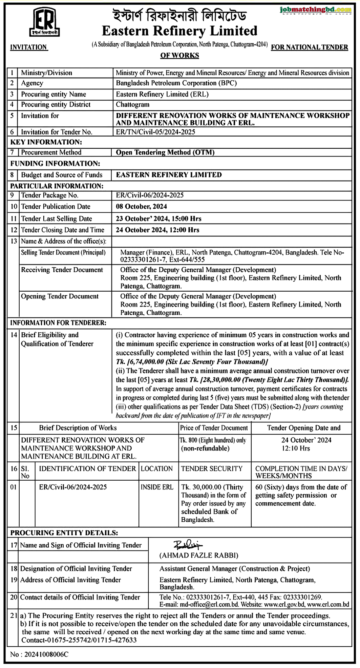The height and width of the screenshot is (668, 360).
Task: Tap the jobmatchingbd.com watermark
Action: pyautogui.click(x=316, y=10)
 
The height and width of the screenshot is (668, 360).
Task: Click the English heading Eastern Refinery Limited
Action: pyautogui.click(x=179, y=31)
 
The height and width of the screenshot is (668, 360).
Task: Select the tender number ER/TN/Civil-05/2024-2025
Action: pyautogui.click(x=155, y=132)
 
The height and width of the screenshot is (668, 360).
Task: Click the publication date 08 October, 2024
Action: pyautogui.click(x=141, y=206)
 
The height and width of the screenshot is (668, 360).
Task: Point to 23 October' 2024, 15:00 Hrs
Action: pyautogui.click(x=158, y=218)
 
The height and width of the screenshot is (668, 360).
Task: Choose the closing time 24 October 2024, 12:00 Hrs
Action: pyautogui.click(x=157, y=230)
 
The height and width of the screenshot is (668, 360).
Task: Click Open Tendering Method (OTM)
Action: pyautogui.click(x=165, y=152)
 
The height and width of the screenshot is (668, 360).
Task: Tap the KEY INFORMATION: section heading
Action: pyautogui.click(x=46, y=142)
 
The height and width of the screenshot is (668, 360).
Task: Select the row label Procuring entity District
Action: pyautogui.click(x=56, y=104)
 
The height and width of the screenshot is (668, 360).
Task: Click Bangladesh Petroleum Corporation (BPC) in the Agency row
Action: pyautogui.click(x=176, y=83)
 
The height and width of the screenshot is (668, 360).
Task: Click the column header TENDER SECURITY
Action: pyautogui.click(x=212, y=468)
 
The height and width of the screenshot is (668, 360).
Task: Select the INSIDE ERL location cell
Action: pyautogui.click(x=157, y=487)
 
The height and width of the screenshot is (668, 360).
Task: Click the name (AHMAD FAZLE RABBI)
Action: pyautogui.click(x=199, y=555)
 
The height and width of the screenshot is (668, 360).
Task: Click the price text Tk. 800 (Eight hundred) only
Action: pyautogui.click(x=213, y=440)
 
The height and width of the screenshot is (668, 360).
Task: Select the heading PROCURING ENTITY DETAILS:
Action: pyautogui.click(x=64, y=533)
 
